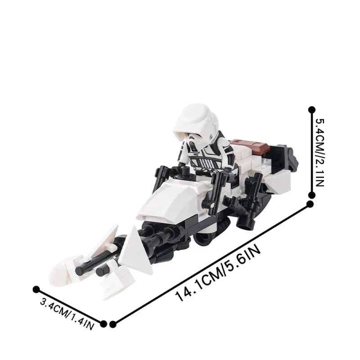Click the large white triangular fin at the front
click(138, 246)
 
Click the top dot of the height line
click(310, 109)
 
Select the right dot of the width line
click(104, 323)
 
